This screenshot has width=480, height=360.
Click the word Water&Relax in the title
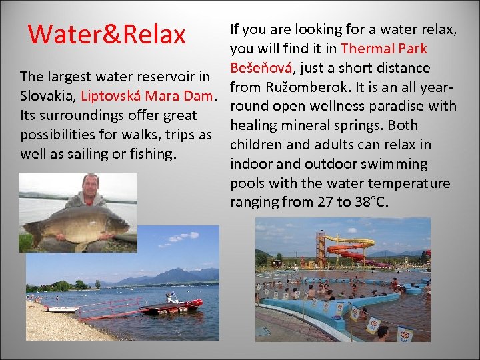(107, 34)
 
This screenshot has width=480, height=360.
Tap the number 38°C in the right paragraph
(373, 202)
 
